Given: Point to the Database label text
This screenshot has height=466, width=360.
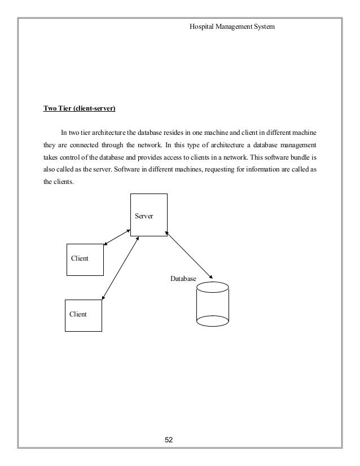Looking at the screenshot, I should coord(183,279).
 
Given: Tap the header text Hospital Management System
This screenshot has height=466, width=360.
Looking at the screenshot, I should coord(232,27).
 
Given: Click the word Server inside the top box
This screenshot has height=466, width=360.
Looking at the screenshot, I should coord(144,216).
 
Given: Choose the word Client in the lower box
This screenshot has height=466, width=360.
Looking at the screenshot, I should coord(78,314).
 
